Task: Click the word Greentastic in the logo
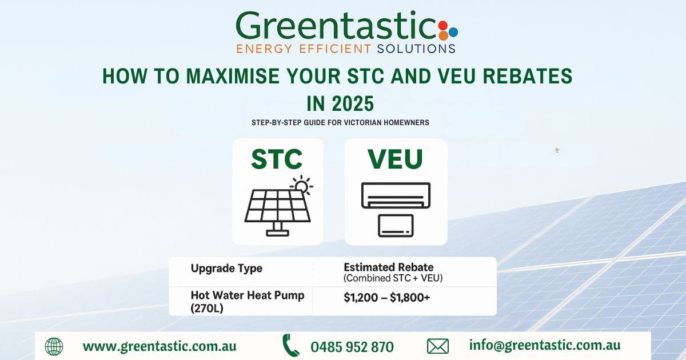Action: pyautogui.click(x=336, y=26)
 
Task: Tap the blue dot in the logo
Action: pyautogui.click(x=453, y=32)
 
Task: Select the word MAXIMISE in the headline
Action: pyautogui.click(x=233, y=76)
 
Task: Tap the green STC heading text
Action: pyautogui.click(x=277, y=159)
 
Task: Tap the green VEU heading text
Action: pyautogui.click(x=396, y=159)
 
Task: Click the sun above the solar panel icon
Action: pyautogui.click(x=302, y=185)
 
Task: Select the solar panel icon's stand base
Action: pyautogui.click(x=277, y=233)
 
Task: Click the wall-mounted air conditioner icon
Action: pyautogui.click(x=396, y=195)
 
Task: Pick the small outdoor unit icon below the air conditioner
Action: pyautogui.click(x=396, y=226)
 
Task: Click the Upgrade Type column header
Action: pyautogui.click(x=226, y=268)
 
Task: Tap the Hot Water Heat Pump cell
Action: pyautogui.click(x=248, y=302)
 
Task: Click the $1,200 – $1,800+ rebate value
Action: pyautogui.click(x=387, y=298)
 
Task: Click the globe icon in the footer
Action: pyautogui.click(x=54, y=346)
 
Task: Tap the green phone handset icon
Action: pyautogui.click(x=290, y=345)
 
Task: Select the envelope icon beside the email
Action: pyautogui.click(x=438, y=346)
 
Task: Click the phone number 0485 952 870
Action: pyautogui.click(x=352, y=347)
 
